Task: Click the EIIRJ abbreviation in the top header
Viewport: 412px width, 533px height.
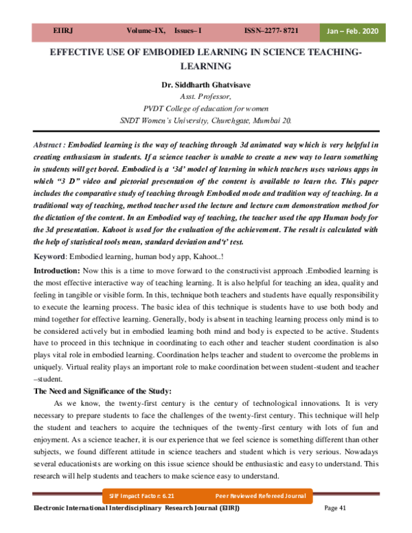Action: click(63, 32)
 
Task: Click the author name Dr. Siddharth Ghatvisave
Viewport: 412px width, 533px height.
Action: click(205, 84)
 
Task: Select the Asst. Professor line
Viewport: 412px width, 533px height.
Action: click(206, 97)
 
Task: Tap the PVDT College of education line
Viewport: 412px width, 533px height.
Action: click(206, 109)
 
